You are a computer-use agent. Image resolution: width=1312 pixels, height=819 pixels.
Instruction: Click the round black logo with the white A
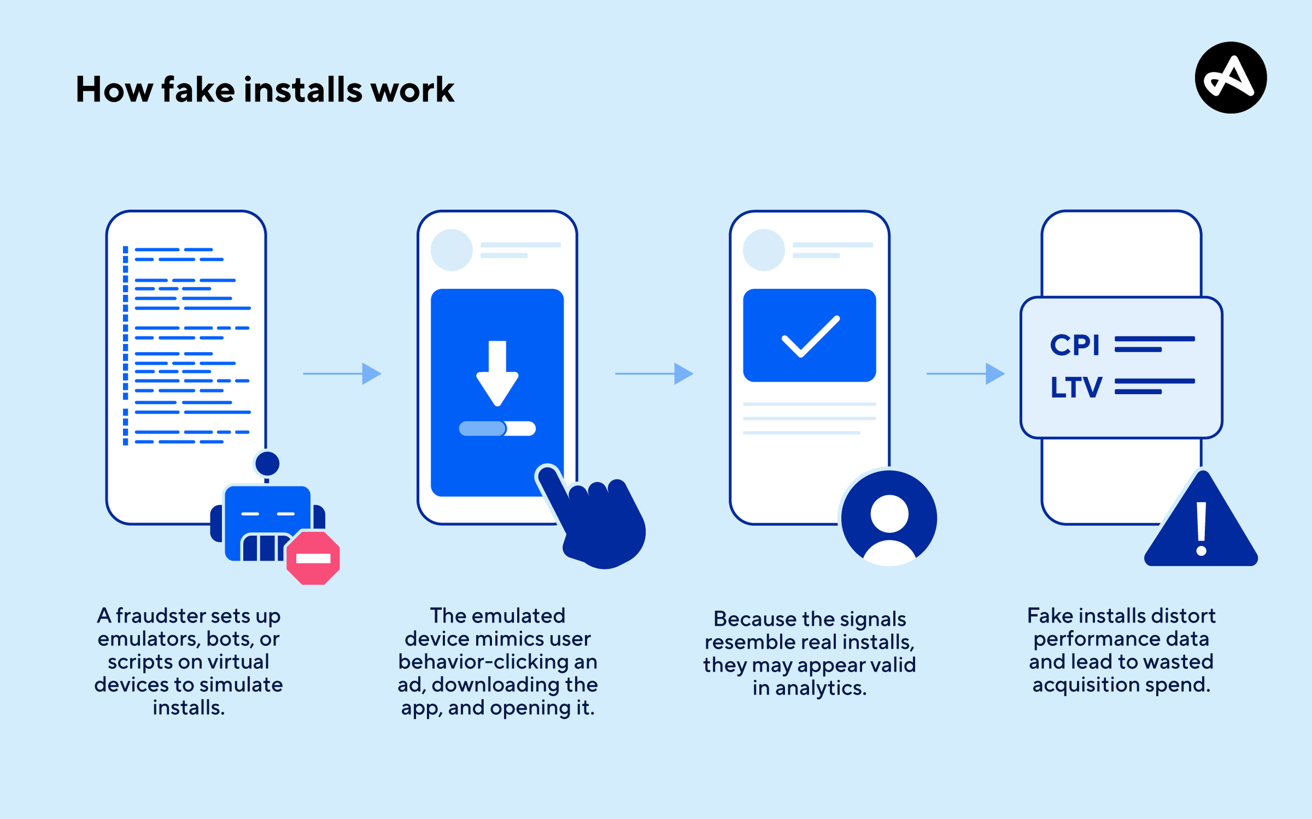coord(1230,77)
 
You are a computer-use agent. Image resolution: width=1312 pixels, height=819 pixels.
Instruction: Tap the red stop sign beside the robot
coord(313,558)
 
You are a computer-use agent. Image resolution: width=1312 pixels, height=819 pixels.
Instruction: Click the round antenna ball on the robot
coord(267,464)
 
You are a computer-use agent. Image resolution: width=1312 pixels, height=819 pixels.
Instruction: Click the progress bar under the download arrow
coord(497,429)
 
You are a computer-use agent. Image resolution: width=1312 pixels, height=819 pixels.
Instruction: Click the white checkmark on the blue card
coord(810,336)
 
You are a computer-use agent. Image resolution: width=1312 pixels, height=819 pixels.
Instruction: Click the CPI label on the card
coord(1074,345)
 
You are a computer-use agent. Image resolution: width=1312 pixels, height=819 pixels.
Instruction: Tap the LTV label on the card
coord(1076,387)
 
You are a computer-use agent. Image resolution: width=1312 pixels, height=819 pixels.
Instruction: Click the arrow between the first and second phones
coord(343,373)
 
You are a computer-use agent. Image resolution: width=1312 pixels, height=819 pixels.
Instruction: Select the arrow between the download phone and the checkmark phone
coord(654,373)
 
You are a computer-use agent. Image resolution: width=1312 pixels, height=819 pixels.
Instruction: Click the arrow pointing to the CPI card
coord(966,373)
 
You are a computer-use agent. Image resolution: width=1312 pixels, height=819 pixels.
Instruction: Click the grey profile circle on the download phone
coord(451,250)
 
